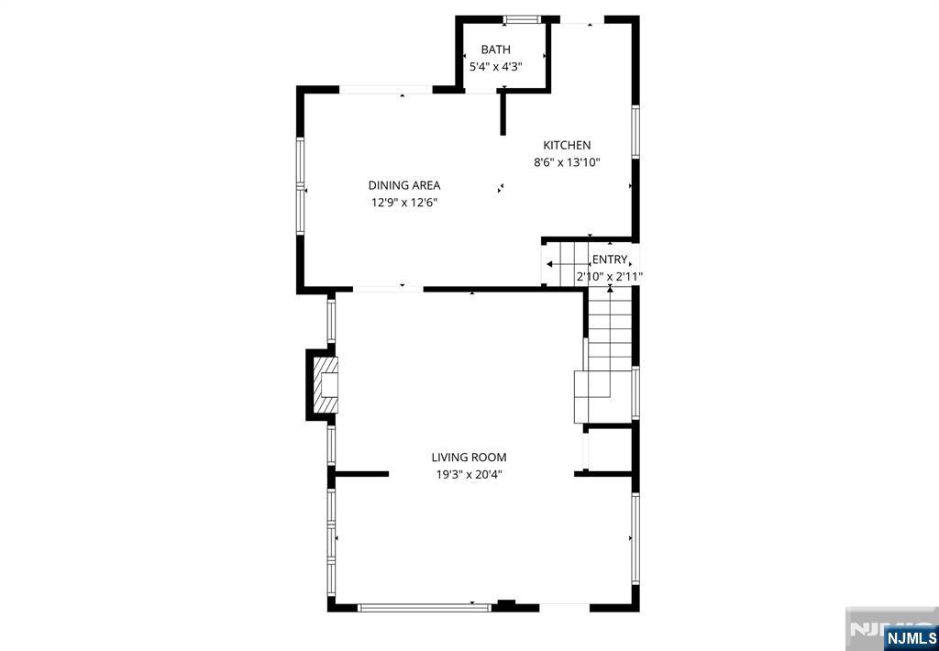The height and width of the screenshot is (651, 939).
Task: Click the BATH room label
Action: pyautogui.click(x=496, y=50)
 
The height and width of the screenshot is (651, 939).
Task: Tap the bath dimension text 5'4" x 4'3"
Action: pyautogui.click(x=496, y=67)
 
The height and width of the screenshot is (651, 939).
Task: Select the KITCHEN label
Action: pyautogui.click(x=567, y=145)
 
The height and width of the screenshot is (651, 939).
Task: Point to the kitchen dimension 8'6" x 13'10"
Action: pyautogui.click(x=567, y=161)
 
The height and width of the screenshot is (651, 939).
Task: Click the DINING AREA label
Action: pyautogui.click(x=404, y=185)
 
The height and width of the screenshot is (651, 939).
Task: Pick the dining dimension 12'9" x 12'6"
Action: pyautogui.click(x=404, y=203)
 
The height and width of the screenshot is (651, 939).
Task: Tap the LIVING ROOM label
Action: pyautogui.click(x=469, y=458)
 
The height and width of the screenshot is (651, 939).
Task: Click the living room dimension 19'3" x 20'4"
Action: pyautogui.click(x=469, y=475)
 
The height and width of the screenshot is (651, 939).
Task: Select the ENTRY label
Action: pyautogui.click(x=610, y=259)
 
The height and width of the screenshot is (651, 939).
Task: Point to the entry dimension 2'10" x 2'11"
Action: pyautogui.click(x=610, y=277)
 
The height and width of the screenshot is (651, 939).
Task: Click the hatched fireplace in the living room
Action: pyautogui.click(x=326, y=385)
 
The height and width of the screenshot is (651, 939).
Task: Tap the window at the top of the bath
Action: pyautogui.click(x=522, y=20)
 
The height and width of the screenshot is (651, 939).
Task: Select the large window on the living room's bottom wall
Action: pyautogui.click(x=424, y=607)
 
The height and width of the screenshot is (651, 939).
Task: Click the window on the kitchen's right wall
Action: pyautogui.click(x=635, y=132)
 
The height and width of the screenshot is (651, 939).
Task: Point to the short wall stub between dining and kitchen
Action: pyautogui.click(x=503, y=113)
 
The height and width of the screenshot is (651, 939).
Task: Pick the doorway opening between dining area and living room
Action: pyautogui.click(x=388, y=289)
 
